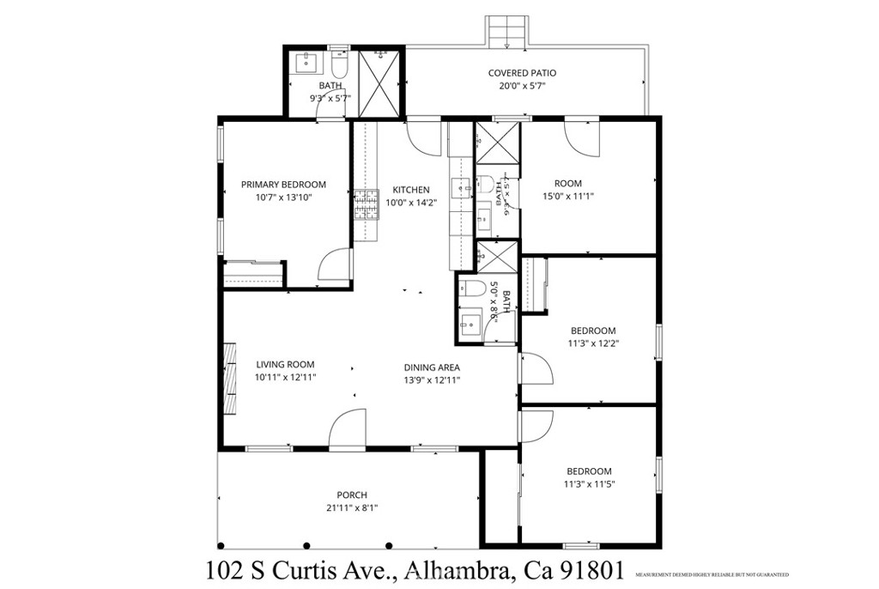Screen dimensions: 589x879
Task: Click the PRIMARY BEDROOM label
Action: pos(283,185)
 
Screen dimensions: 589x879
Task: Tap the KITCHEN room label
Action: pos(411,190)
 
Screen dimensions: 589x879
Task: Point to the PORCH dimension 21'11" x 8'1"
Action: pos(352,507)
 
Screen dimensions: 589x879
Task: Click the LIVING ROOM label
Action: pos(285,364)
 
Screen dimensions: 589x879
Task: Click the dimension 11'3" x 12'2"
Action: pos(593,343)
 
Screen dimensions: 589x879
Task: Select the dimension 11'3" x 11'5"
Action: pos(589,483)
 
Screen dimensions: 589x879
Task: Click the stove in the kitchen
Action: pos(366,205)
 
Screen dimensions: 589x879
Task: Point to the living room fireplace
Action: pos(230,378)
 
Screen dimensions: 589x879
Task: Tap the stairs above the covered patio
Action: pos(506,33)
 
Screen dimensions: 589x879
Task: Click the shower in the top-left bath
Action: pos(378,82)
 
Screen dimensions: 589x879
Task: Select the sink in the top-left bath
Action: pos(306,62)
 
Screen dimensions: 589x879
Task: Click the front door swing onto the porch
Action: pos(348,429)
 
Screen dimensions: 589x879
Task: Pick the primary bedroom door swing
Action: pos(334,265)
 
